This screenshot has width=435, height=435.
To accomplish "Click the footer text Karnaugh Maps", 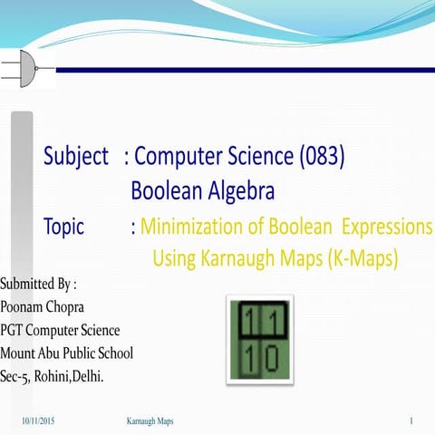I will pyautogui.click(x=150, y=422).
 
